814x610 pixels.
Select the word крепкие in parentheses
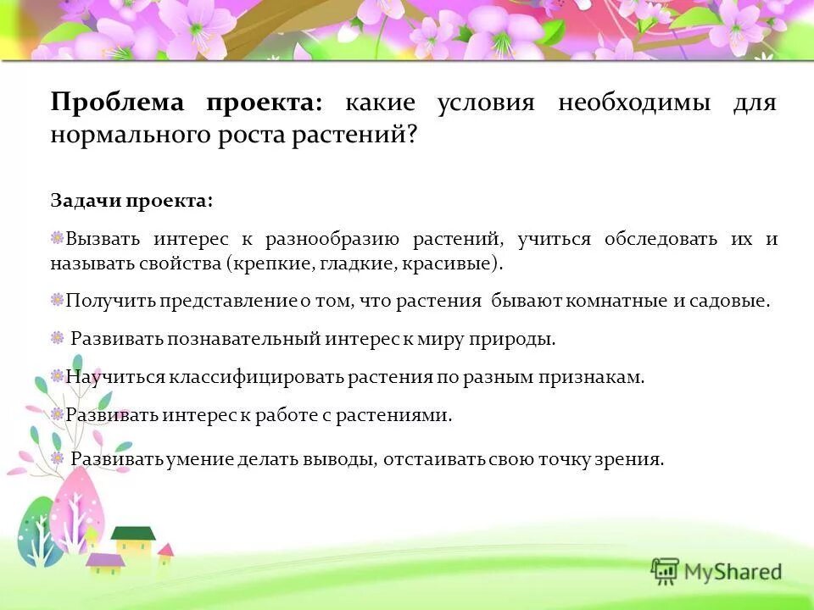coord(270,263)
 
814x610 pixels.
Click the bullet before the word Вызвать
coord(57,238)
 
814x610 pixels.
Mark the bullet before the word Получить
coord(57,299)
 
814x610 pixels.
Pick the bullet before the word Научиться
coord(57,375)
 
